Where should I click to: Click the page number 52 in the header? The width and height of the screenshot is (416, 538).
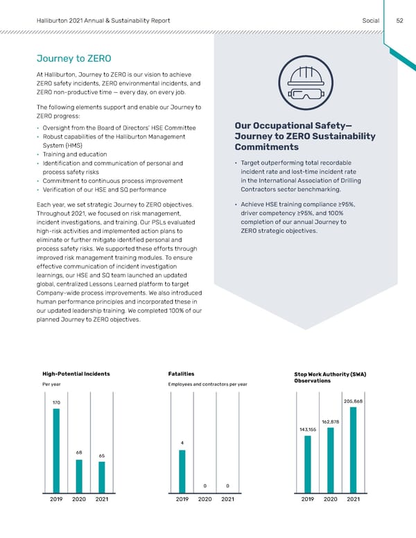tap(399, 21)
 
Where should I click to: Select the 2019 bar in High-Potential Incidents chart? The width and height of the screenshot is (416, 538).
tap(56, 450)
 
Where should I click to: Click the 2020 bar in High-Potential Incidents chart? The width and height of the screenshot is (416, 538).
tap(79, 476)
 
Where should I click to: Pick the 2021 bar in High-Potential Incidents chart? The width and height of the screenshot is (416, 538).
tap(102, 477)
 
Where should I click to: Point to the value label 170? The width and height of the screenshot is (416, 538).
tap(56, 402)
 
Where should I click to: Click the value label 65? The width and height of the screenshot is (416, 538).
tap(102, 455)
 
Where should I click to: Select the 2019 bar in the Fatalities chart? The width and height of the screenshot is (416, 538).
tap(182, 471)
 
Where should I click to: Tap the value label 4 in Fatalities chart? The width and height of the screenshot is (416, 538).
tap(182, 443)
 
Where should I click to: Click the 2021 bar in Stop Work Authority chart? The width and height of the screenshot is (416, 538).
tap(353, 449)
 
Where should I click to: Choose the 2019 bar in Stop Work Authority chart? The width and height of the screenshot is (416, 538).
tap(308, 464)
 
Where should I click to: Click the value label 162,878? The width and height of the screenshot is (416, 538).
tap(330, 422)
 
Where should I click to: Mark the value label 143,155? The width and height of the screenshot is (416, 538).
tap(308, 429)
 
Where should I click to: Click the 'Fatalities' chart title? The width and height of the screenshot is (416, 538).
tap(181, 374)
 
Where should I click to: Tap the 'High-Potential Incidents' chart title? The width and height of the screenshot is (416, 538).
tap(76, 374)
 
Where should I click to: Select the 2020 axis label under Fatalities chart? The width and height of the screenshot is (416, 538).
tap(205, 499)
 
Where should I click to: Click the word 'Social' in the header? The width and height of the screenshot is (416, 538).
tap(371, 21)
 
